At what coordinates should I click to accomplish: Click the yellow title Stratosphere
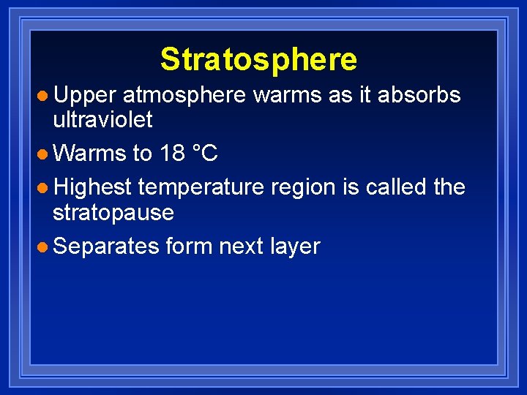(x=258, y=59)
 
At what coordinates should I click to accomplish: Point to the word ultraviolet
(x=102, y=120)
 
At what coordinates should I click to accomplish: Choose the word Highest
(x=92, y=187)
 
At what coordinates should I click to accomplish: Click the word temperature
(x=201, y=187)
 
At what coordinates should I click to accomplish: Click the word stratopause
(x=113, y=212)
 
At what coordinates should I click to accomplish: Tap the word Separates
(x=106, y=247)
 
